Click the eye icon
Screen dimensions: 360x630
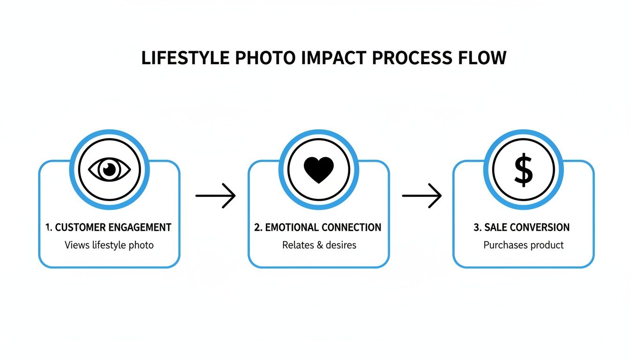[109, 169]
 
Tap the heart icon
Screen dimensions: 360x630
[319, 169]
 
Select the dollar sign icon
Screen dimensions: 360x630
[524, 169]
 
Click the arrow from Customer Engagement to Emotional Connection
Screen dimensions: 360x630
[215, 195]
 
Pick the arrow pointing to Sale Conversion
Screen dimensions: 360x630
[422, 195]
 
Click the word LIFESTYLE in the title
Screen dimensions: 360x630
[186, 58]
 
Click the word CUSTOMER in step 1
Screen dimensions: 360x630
[81, 227]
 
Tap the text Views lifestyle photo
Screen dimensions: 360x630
[109, 245]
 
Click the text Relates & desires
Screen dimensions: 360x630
[319, 245]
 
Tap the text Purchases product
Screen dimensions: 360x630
[524, 245]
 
